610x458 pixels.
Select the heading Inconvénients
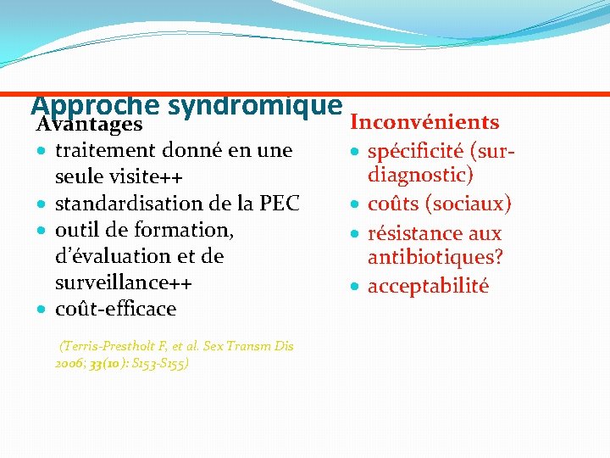424,122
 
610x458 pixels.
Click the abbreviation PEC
279,204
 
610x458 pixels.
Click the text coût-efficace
115,309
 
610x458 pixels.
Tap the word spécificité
415,152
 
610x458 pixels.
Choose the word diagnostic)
420,176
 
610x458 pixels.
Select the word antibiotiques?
433,257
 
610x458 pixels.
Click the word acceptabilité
428,286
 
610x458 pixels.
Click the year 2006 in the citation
67,363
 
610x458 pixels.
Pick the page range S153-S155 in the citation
162,363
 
